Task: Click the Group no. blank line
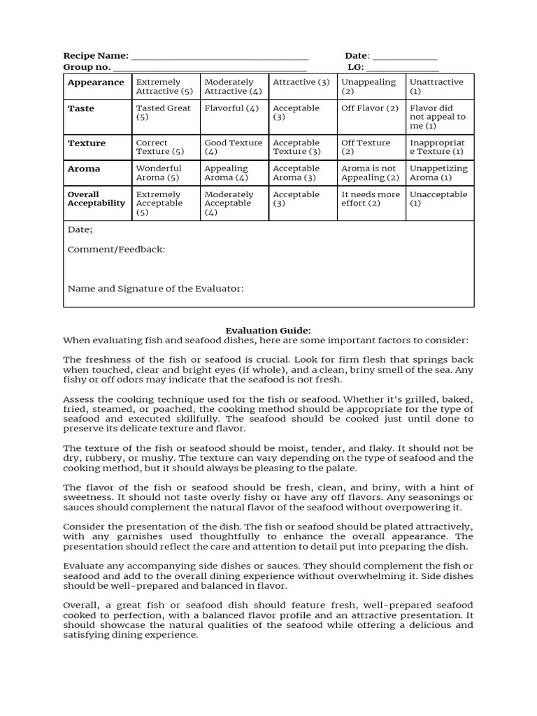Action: point(209,69)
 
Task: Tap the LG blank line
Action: point(403,69)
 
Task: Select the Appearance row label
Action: point(96,83)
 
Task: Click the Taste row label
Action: point(81,108)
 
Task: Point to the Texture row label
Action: point(87,143)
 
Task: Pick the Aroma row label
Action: point(84,169)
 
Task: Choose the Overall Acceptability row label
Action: point(96,199)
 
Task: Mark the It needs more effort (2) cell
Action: point(371,199)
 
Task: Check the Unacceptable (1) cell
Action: point(438,199)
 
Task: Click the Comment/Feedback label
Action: point(117,250)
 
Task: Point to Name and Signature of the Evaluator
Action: point(155,288)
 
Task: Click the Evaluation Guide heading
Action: point(268,330)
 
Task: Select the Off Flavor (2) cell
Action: point(370,108)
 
